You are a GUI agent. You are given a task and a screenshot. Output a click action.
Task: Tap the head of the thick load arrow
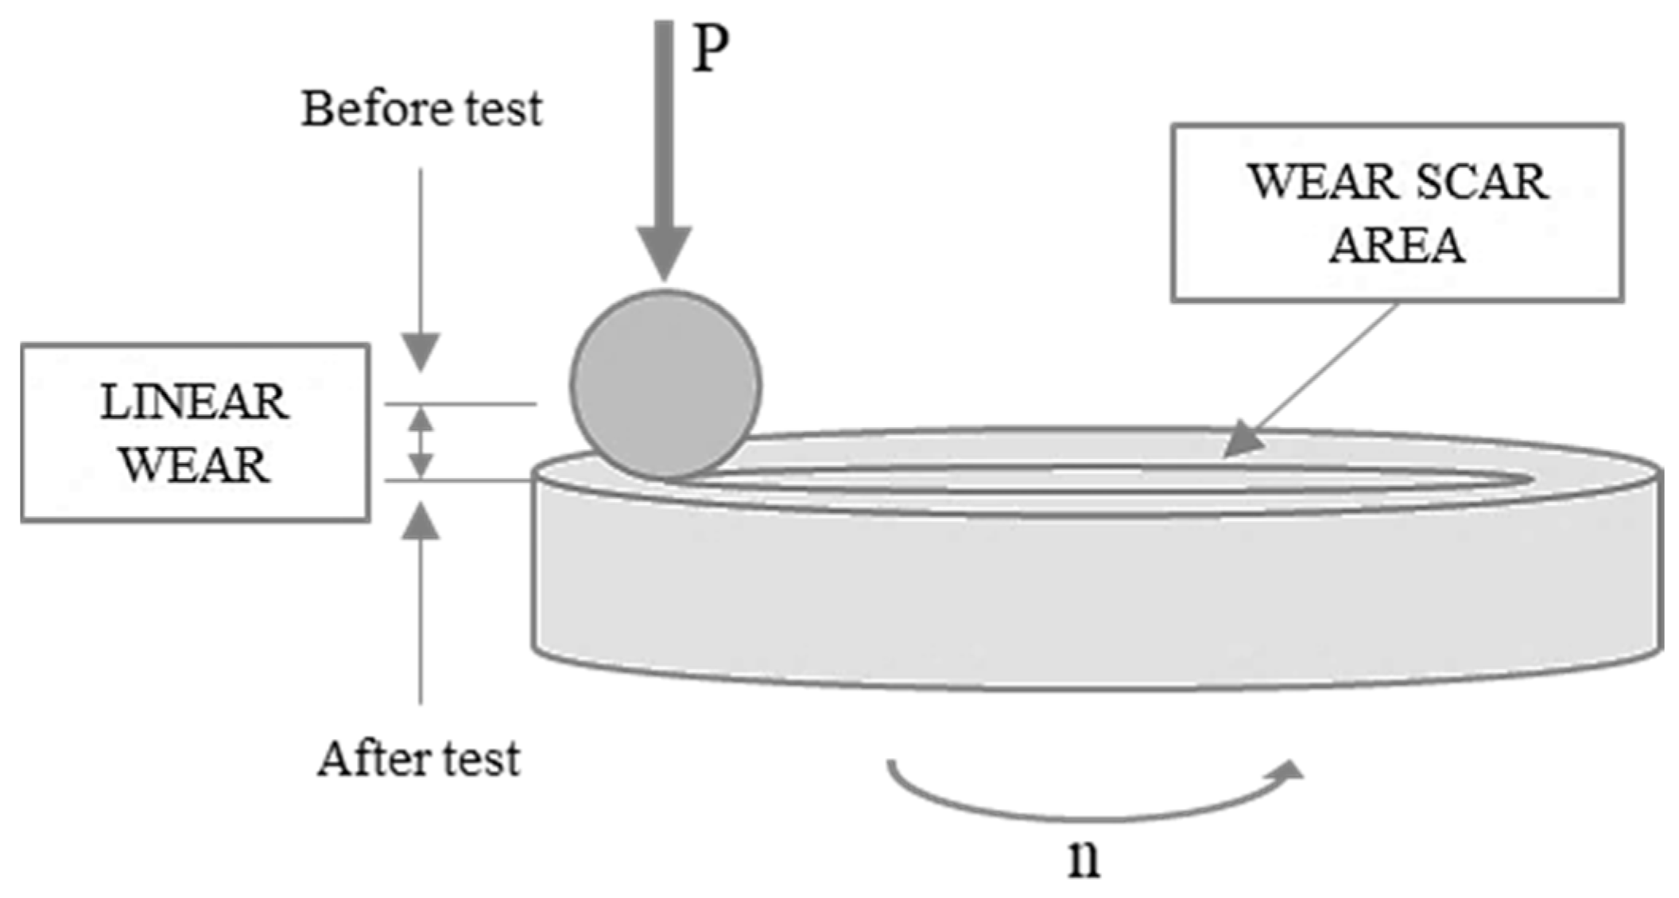click(x=664, y=251)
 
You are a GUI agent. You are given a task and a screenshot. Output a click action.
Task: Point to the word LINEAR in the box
click(x=195, y=402)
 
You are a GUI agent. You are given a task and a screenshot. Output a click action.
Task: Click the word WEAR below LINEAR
click(x=195, y=465)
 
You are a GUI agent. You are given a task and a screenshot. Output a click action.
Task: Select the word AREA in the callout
click(x=1397, y=245)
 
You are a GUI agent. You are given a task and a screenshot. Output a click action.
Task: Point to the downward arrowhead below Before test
click(x=421, y=351)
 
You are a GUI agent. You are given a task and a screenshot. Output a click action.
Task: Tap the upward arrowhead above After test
click(x=421, y=522)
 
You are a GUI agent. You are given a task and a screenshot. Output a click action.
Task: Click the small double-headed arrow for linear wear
click(x=421, y=442)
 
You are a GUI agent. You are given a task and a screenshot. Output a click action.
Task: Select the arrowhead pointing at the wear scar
click(x=1242, y=441)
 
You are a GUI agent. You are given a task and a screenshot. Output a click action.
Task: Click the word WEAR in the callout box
click(x=1320, y=182)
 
